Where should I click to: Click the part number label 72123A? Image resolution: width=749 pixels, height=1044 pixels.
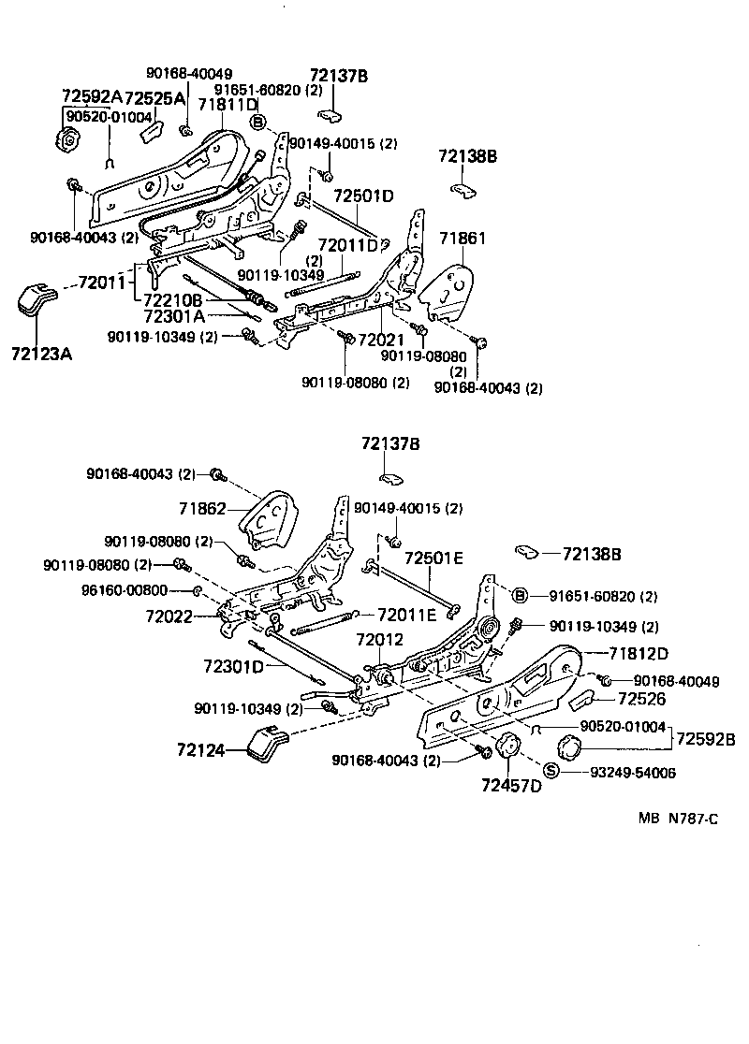(40, 355)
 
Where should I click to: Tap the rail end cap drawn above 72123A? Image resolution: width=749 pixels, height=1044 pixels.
(37, 299)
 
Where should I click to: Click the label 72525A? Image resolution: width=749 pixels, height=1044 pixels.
(154, 96)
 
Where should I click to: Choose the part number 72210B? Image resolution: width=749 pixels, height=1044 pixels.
(173, 299)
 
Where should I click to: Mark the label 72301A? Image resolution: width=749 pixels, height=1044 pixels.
(173, 316)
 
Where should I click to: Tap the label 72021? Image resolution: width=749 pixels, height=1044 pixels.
(379, 338)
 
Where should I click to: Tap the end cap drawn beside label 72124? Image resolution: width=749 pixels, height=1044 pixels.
(268, 745)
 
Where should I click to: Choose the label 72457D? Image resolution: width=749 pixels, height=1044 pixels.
(511, 785)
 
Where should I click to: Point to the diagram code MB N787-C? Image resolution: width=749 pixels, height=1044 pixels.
(678, 819)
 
